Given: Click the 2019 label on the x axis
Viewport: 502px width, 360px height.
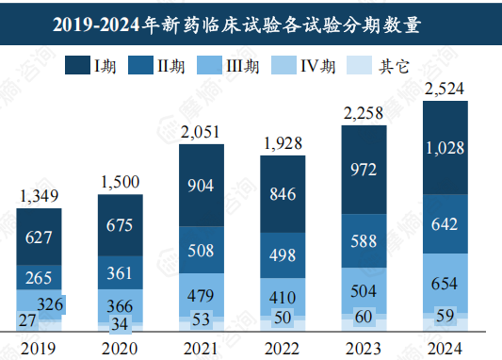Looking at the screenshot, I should click(39, 348).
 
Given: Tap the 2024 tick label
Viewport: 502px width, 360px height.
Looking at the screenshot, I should click(445, 348).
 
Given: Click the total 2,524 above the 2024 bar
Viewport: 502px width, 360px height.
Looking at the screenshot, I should click(445, 90).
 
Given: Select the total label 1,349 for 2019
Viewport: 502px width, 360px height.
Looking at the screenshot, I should click(39, 196).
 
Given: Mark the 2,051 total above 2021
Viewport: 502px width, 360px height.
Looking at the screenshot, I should click(202, 132).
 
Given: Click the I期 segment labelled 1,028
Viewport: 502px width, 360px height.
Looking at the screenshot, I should click(445, 148).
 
